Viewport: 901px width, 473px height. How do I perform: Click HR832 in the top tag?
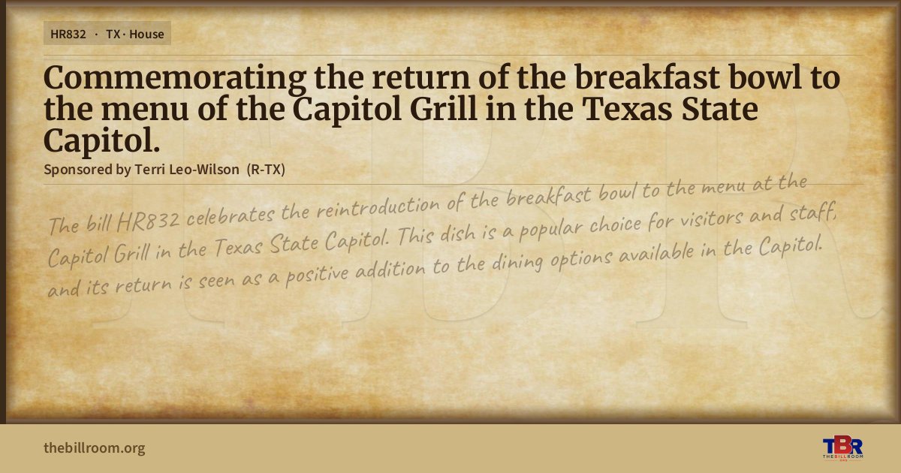[68, 35]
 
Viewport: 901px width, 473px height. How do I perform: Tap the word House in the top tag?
[146, 35]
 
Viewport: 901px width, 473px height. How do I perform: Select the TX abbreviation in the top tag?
[113, 35]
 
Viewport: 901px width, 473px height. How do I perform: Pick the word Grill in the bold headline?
[443, 110]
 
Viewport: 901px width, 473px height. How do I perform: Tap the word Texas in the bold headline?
[627, 110]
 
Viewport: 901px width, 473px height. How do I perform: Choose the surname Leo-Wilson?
[204, 170]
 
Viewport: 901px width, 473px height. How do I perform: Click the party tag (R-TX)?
[266, 170]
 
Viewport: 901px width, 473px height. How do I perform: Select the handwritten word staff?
[812, 212]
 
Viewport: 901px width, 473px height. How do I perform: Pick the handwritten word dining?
[517, 264]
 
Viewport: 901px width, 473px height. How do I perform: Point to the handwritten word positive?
[317, 275]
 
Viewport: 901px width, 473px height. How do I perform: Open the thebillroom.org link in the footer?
[94, 448]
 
